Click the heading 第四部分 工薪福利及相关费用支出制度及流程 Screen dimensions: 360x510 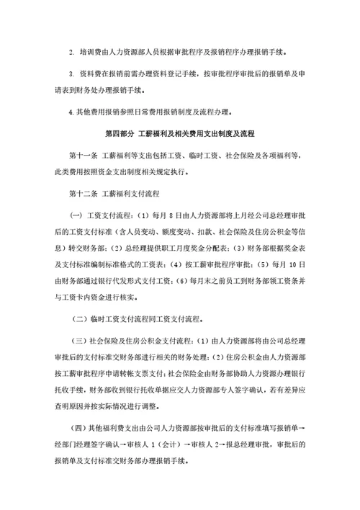(x=179, y=134)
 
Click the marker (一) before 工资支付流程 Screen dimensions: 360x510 (x=76, y=218)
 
